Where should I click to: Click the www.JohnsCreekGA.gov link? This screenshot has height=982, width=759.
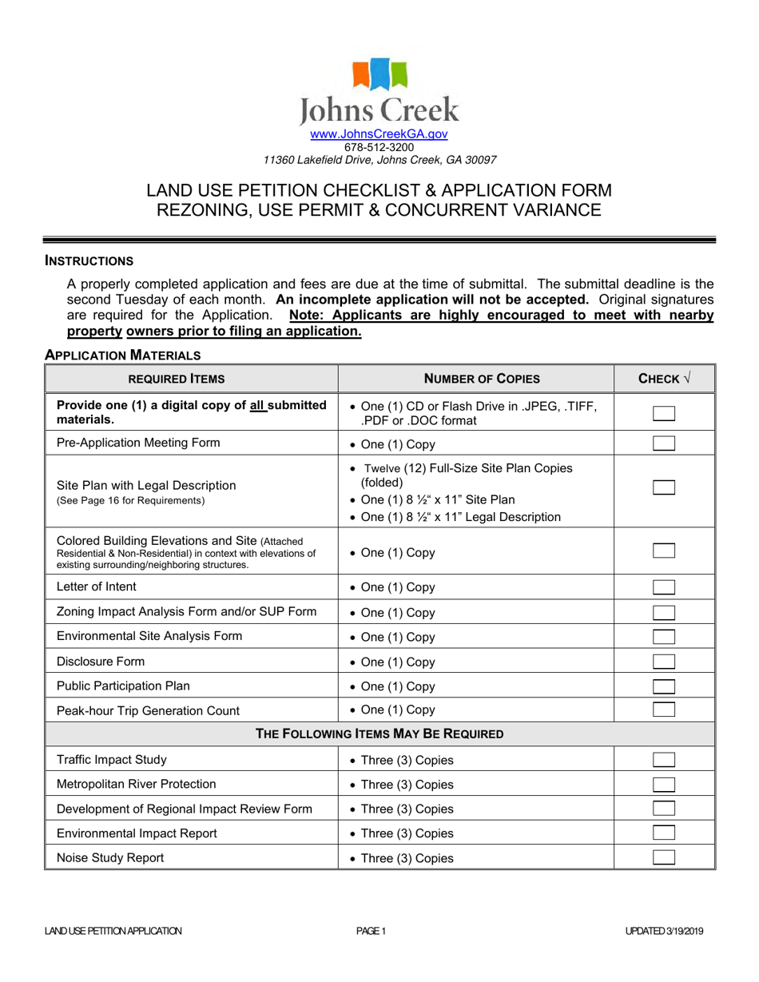click(379, 135)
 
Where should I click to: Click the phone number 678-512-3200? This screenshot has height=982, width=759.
click(379, 147)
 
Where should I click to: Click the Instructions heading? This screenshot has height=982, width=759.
click(89, 260)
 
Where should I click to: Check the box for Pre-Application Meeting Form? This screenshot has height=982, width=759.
click(664, 444)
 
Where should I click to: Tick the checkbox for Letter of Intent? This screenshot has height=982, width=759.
click(664, 587)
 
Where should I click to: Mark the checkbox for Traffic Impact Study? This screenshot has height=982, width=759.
click(664, 760)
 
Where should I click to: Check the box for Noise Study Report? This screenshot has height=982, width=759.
click(664, 858)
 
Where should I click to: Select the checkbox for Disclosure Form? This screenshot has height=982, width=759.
click(664, 661)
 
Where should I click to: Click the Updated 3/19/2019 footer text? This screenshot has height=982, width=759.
click(665, 931)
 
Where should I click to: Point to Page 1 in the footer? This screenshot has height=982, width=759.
click(372, 931)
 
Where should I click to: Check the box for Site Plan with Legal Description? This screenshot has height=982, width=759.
click(664, 488)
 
